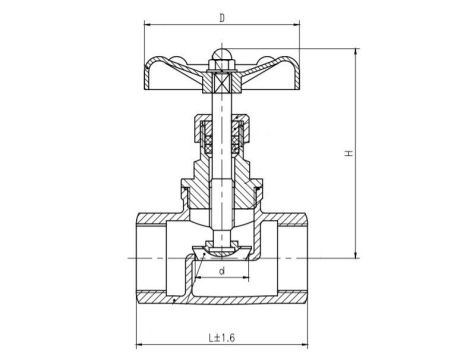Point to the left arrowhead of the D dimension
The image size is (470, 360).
coord(146,27)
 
